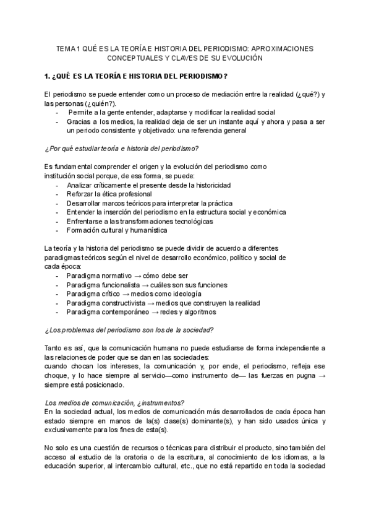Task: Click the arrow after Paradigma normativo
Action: pyautogui.click(x=137, y=276)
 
